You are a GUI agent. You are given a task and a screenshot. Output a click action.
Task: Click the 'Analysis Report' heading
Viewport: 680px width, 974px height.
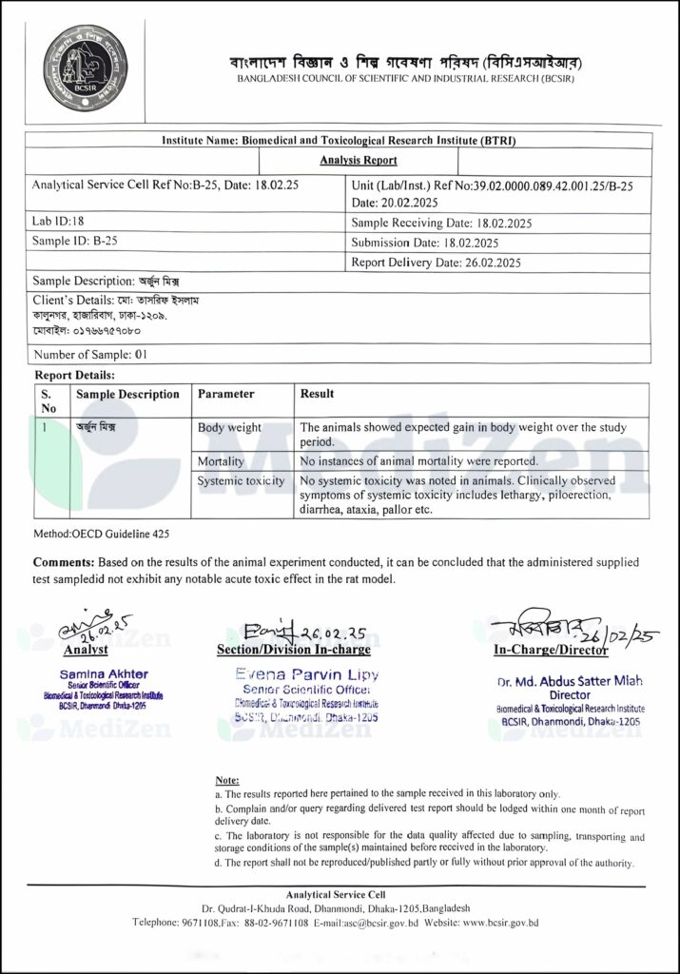[359, 161]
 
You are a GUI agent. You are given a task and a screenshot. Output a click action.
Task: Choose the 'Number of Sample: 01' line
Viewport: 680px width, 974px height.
[90, 354]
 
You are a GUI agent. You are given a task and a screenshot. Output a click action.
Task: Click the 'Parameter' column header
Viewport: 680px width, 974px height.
[225, 394]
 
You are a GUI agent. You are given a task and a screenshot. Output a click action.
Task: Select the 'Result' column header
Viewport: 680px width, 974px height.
[317, 394]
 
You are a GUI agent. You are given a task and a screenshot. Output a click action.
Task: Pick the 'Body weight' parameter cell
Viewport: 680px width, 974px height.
[229, 428]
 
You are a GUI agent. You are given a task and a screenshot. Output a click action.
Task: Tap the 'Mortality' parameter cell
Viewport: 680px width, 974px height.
[221, 461]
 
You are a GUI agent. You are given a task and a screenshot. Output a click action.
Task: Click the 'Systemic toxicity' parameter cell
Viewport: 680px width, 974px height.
[241, 481]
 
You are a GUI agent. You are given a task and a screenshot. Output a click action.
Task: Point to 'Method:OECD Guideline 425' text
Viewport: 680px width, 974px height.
[102, 535]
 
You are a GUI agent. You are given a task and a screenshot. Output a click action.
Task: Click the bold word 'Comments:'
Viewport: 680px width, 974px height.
[65, 563]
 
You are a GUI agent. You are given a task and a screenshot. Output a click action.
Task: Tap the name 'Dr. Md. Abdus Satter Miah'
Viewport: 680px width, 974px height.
[570, 682]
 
